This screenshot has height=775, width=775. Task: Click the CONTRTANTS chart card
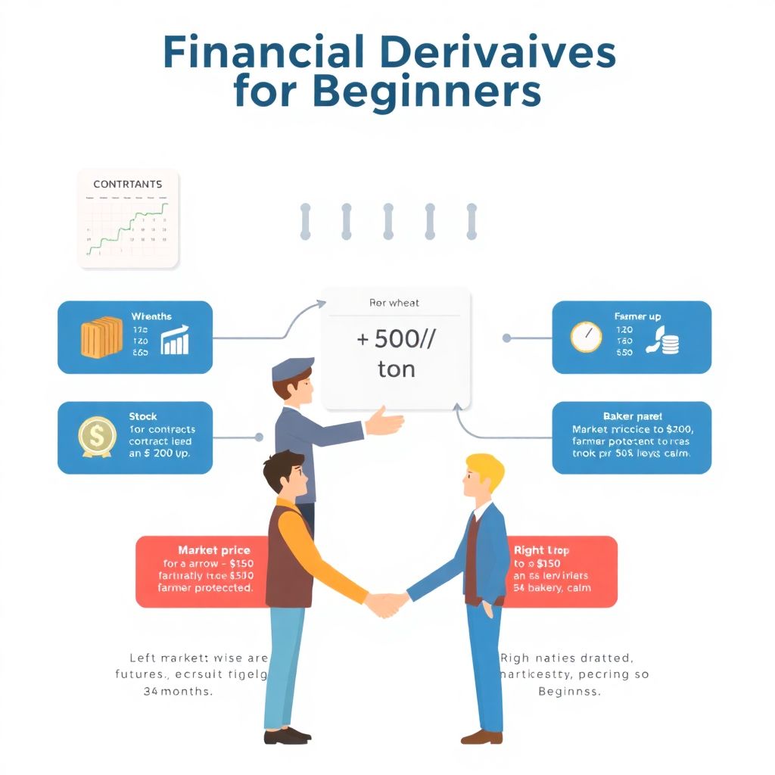pyautogui.click(x=128, y=219)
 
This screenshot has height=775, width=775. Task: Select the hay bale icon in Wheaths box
pyautogui.click(x=101, y=338)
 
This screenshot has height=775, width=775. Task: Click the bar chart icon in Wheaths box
pyautogui.click(x=175, y=341)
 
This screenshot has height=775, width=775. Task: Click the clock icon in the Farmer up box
pyautogui.click(x=586, y=338)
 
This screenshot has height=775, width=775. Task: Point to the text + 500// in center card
pyautogui.click(x=396, y=338)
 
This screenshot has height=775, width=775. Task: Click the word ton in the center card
pyautogui.click(x=396, y=369)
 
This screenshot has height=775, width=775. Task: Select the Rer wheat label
pyautogui.click(x=394, y=303)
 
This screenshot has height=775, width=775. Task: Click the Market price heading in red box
pyautogui.click(x=213, y=550)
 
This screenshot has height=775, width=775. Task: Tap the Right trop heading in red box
pyautogui.click(x=541, y=550)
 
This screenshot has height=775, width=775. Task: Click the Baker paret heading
pyautogui.click(x=633, y=416)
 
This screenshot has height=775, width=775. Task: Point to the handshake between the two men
pyautogui.click(x=386, y=603)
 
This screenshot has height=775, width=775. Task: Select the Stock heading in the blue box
pyautogui.click(x=143, y=416)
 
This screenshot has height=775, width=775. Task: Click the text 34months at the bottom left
pyautogui.click(x=179, y=691)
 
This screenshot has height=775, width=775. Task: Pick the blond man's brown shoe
pyautogui.click(x=481, y=736)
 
